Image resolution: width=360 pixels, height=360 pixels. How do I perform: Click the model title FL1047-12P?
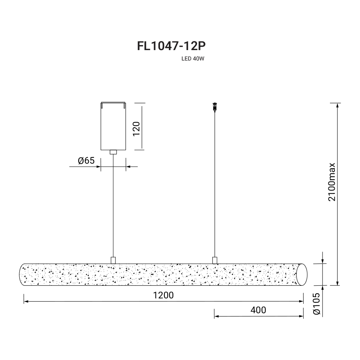click(x=171, y=46)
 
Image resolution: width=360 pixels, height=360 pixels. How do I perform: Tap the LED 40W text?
click(x=193, y=59)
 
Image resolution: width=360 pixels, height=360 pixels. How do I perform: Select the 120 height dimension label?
click(x=136, y=129)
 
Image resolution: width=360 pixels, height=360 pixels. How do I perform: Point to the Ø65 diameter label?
click(x=86, y=161)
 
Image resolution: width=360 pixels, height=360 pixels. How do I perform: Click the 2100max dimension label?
click(x=332, y=182)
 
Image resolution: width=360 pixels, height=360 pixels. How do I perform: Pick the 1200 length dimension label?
click(x=163, y=295)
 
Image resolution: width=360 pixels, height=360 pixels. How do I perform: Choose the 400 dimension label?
click(x=258, y=310)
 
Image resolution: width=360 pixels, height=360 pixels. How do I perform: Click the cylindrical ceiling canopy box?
click(x=113, y=126)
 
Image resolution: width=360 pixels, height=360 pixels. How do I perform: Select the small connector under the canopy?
click(x=113, y=152)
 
